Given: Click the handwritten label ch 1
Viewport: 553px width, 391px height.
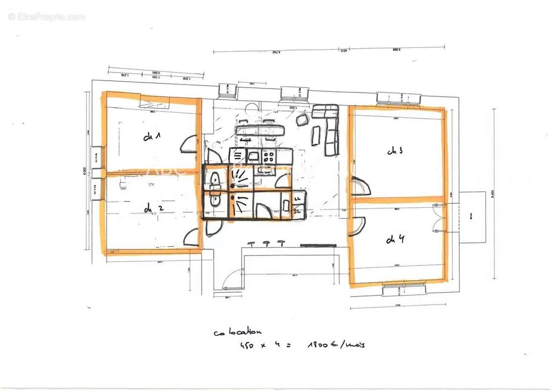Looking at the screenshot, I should (152, 137).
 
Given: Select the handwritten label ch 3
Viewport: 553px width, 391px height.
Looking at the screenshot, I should (395, 151).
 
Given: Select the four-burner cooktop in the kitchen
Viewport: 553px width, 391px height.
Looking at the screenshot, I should (268, 156).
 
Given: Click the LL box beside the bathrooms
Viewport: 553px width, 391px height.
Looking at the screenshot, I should (297, 198).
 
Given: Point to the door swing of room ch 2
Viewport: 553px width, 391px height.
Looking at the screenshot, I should (190, 237).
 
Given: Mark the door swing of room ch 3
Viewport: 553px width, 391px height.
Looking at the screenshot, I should (360, 186).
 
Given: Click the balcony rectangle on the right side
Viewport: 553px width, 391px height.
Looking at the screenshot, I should (472, 217).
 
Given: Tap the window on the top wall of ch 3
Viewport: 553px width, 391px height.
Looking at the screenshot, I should (398, 99).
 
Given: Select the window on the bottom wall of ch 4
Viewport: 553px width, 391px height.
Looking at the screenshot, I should (404, 289).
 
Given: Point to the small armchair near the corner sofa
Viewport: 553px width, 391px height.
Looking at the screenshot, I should (303, 119).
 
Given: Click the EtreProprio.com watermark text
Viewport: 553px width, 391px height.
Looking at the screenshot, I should (47, 17).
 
